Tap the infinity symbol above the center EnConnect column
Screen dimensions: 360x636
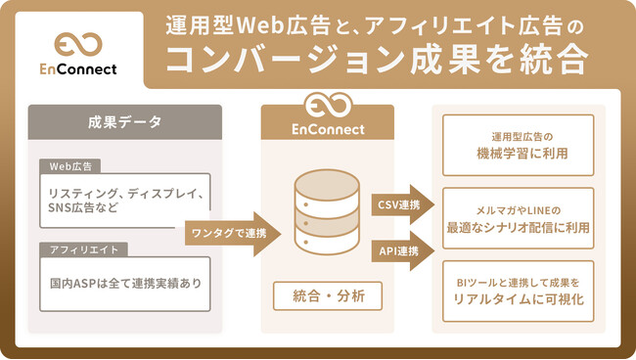(328, 106)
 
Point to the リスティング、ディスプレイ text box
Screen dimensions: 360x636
(124, 192)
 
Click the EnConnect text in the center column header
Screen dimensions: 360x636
(328, 128)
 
